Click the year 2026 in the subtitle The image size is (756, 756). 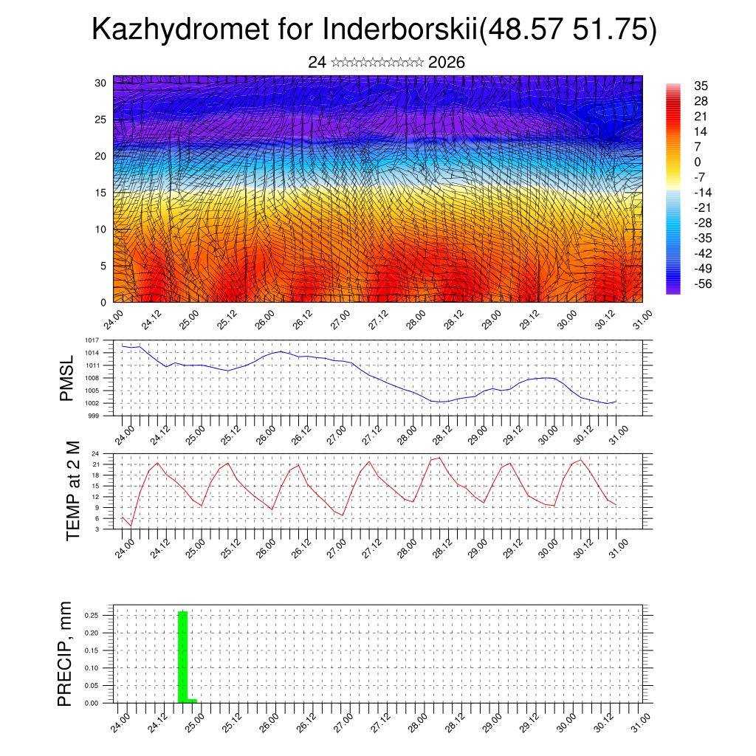click(446, 62)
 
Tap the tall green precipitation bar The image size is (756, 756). click(183, 656)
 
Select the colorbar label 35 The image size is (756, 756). click(701, 86)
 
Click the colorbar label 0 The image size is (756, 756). click(698, 162)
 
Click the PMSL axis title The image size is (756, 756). click(67, 378)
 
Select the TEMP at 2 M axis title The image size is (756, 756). click(72, 490)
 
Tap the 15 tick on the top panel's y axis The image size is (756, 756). click(101, 193)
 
